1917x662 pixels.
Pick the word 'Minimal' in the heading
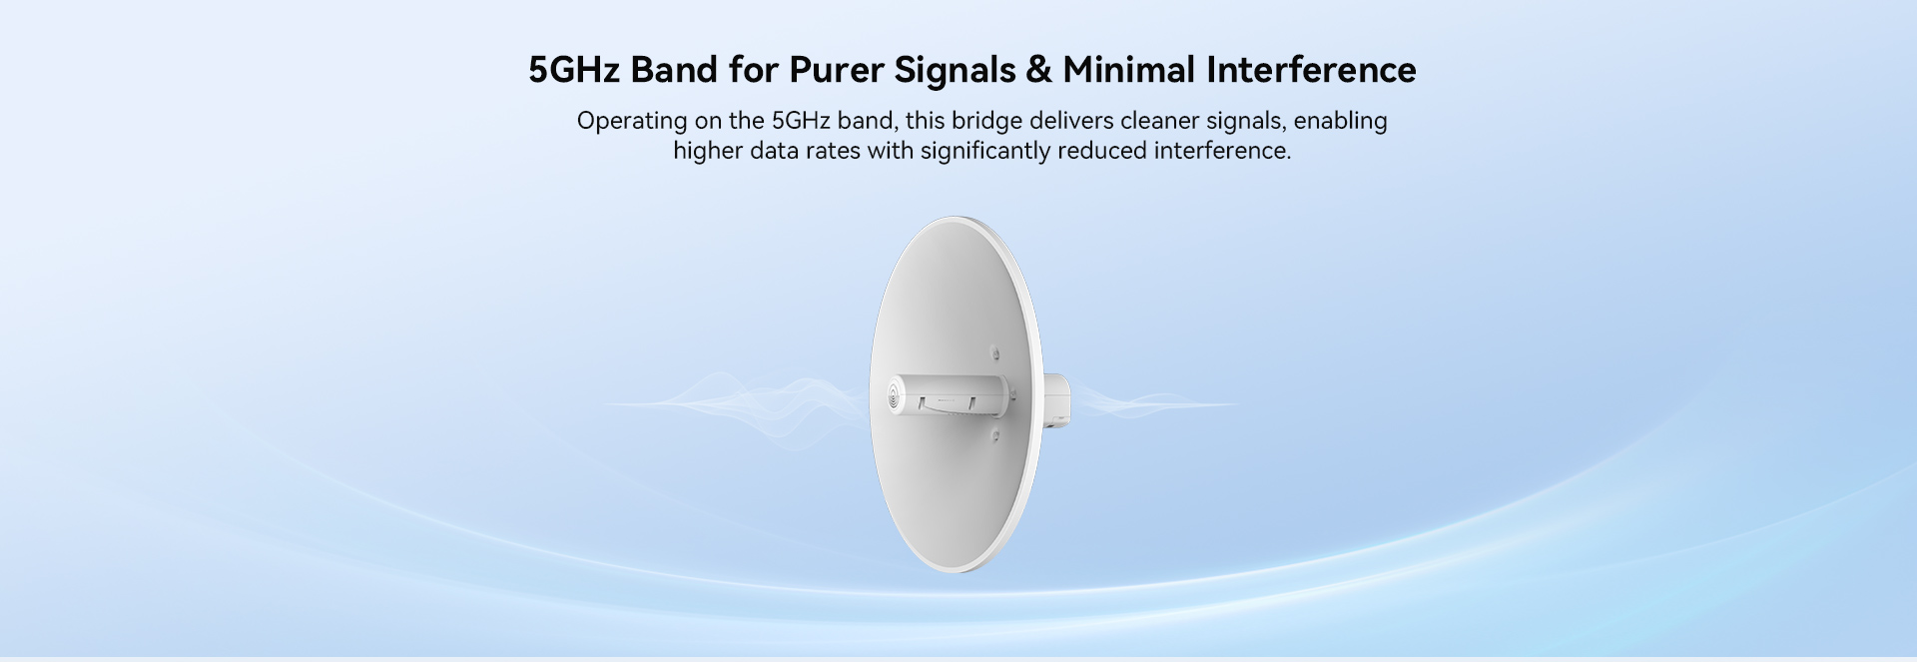(x=1128, y=70)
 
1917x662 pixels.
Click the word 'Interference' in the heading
(x=1311, y=70)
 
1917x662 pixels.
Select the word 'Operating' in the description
(x=632, y=122)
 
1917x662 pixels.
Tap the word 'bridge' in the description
(x=986, y=122)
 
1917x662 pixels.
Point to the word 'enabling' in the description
(x=1340, y=122)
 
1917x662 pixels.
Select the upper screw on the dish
(x=994, y=352)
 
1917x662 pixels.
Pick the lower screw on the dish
(x=994, y=435)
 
